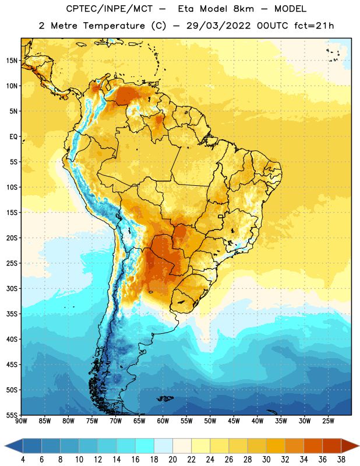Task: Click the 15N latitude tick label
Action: tap(12, 61)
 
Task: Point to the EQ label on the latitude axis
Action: tap(13, 137)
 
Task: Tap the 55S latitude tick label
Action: tap(12, 415)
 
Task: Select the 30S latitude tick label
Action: tap(12, 288)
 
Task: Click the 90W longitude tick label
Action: tap(21, 421)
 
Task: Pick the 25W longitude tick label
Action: tap(328, 421)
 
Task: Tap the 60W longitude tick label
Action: tap(163, 421)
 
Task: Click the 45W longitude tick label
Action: tap(234, 421)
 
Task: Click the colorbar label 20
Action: tap(172, 460)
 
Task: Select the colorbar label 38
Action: tap(341, 460)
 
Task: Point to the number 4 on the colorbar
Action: tap(23, 460)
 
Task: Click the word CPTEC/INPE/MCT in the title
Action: tap(110, 9)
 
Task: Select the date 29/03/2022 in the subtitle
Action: tap(218, 26)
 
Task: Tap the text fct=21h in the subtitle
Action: tap(314, 26)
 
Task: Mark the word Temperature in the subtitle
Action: tap(114, 26)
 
